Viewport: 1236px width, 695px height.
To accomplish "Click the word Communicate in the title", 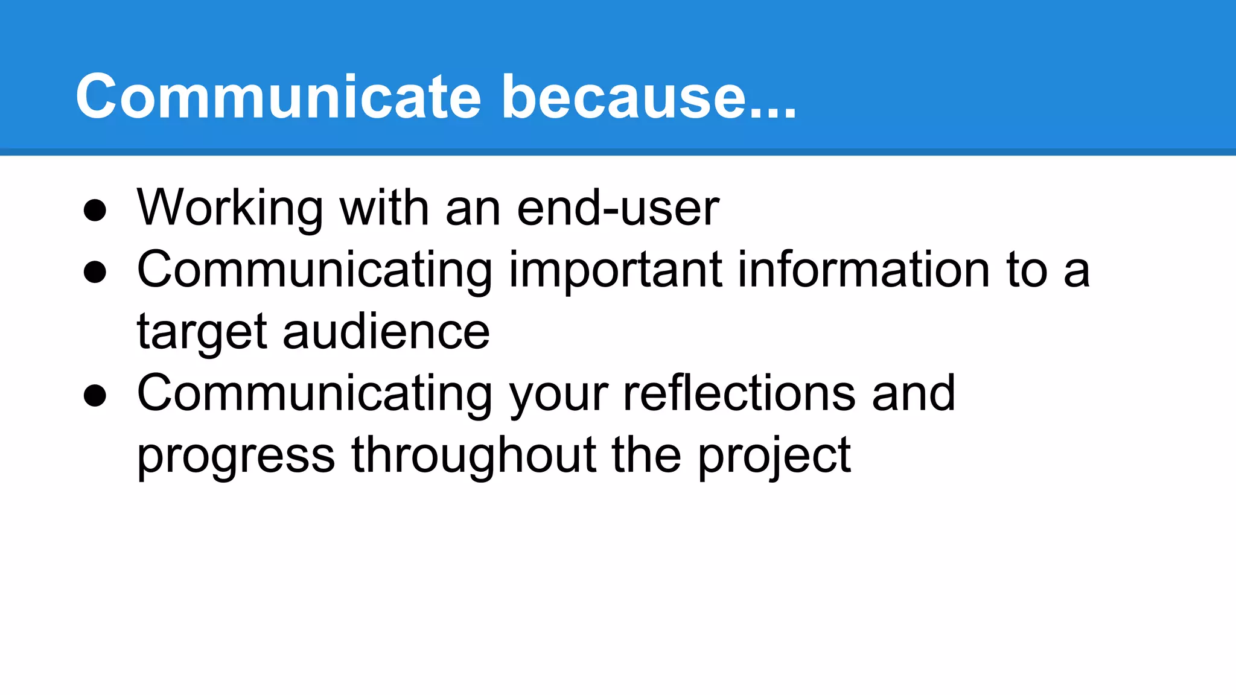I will point(278,97).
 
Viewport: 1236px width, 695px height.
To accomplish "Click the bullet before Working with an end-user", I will point(95,211).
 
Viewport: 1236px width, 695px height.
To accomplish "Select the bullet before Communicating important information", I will point(95,272).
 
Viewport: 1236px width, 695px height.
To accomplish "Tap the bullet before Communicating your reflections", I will point(95,396).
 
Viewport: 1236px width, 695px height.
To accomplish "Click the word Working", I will point(230,209).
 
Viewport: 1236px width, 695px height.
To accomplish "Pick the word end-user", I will point(618,209).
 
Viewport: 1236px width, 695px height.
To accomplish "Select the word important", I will point(616,271).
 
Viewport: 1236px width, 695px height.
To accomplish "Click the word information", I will point(864,270).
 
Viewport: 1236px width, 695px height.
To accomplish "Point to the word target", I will point(202,333).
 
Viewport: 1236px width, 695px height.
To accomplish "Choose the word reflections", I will point(739,393).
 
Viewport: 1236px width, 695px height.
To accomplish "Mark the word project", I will point(774,457).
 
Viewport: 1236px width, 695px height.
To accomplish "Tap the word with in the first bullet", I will point(384,209).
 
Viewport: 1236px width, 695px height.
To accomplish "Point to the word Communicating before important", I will point(314,271).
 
